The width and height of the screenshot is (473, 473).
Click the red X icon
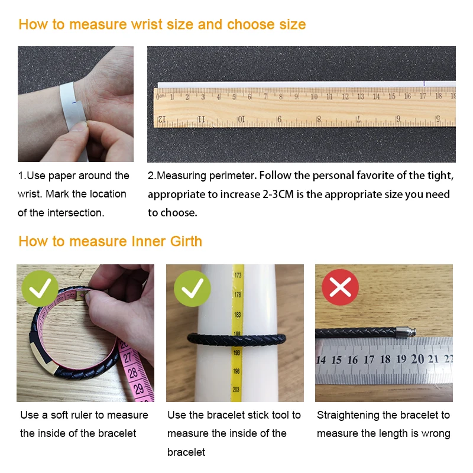[x=340, y=287]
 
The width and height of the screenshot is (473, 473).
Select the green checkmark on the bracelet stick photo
[x=193, y=289]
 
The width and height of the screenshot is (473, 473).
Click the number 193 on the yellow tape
[x=237, y=352]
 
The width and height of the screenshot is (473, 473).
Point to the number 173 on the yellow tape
[x=238, y=275]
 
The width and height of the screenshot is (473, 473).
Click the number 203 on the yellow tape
[x=237, y=390]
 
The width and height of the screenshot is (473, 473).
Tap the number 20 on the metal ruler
[x=417, y=359]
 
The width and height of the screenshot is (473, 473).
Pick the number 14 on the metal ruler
[x=321, y=360]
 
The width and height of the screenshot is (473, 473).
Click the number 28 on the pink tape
[x=134, y=373]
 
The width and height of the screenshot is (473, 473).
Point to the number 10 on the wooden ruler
[x=314, y=96]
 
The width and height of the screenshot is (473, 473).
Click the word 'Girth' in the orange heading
[x=182, y=241]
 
